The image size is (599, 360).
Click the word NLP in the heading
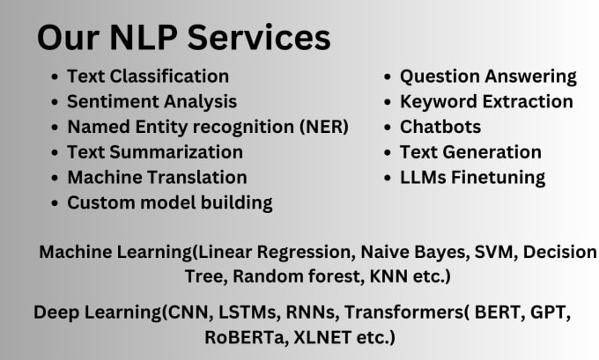tap(144, 38)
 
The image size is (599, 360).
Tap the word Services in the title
tap(259, 38)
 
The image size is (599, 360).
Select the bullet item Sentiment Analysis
tap(152, 102)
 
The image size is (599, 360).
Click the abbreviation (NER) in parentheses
tap(324, 127)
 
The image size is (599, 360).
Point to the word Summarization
tap(176, 152)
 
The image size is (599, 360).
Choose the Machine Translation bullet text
tap(157, 177)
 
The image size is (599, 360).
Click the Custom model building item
tap(170, 202)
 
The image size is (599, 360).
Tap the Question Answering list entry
tap(488, 77)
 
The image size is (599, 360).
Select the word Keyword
tap(439, 102)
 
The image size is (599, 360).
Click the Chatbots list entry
tap(440, 127)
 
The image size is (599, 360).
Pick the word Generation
tap(492, 152)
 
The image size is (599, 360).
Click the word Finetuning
tap(499, 178)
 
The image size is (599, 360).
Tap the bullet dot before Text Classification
tap(55, 77)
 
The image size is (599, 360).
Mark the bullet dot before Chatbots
tap(388, 128)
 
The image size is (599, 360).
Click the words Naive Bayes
tap(415, 253)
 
